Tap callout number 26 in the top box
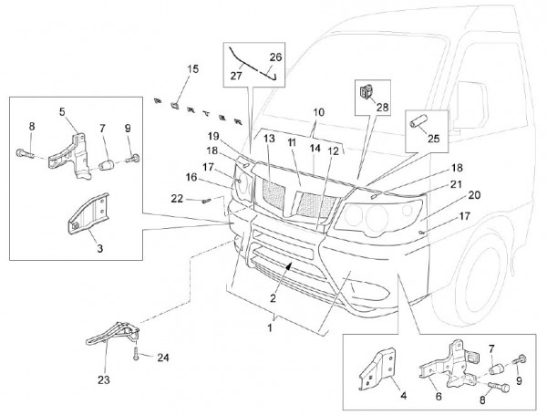click(x=276, y=57)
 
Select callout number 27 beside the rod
click(x=237, y=78)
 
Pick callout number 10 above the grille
click(x=318, y=114)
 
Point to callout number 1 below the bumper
click(x=271, y=325)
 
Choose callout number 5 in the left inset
click(x=63, y=112)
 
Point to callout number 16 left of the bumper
click(x=191, y=178)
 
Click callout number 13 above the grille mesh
click(x=269, y=138)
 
